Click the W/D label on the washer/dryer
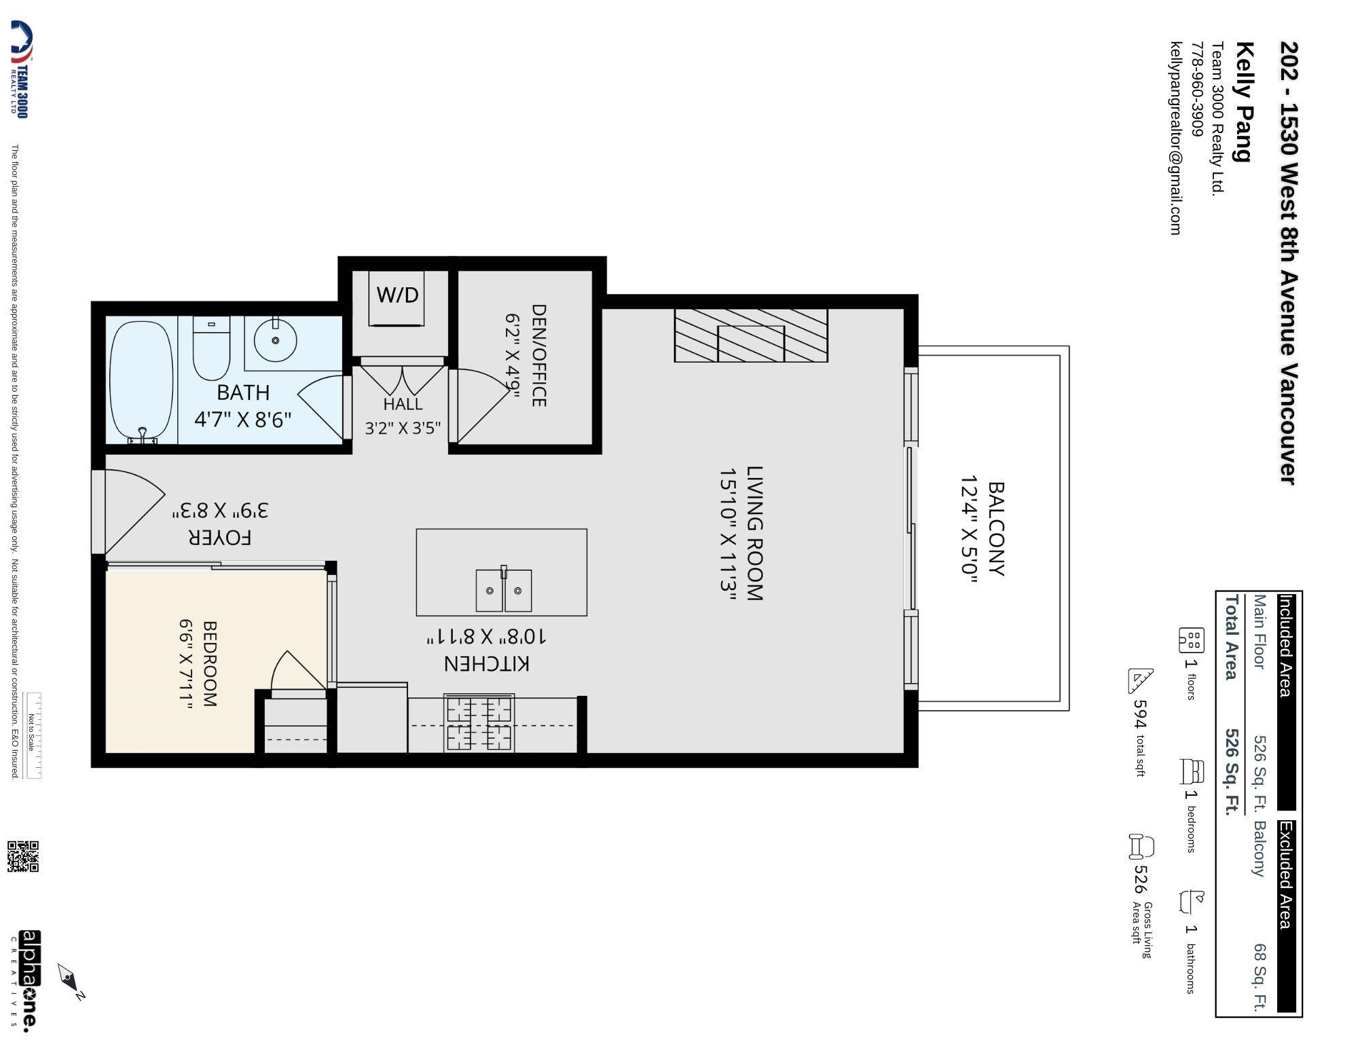(x=398, y=295)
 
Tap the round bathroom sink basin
(x=275, y=339)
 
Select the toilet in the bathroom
(x=212, y=348)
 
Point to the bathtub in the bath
(x=142, y=382)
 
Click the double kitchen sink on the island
(x=503, y=590)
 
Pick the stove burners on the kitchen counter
(x=479, y=723)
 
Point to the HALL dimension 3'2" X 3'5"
(x=403, y=428)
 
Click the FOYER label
(x=220, y=538)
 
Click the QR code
(x=23, y=856)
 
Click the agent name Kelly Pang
(x=1243, y=102)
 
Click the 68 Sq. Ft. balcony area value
(x=1260, y=977)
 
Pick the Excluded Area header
(x=1286, y=876)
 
